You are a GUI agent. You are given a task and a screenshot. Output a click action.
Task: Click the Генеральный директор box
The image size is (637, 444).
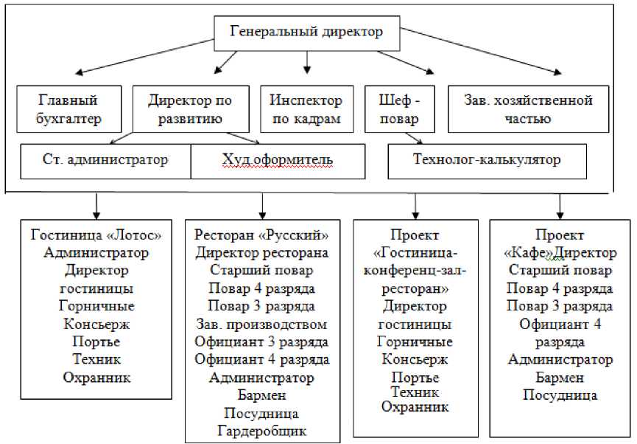(x=307, y=32)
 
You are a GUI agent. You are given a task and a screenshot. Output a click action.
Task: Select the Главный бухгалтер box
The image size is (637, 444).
(x=68, y=108)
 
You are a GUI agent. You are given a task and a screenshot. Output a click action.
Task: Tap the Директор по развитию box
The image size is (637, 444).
(x=190, y=108)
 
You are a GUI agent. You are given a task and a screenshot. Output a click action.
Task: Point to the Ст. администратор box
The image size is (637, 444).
(x=105, y=160)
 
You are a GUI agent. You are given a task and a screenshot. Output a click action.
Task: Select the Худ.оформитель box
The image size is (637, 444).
(x=278, y=160)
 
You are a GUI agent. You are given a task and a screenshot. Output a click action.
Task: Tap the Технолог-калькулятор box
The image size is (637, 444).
(x=487, y=160)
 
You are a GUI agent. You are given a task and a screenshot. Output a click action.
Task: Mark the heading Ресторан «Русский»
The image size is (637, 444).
(x=261, y=235)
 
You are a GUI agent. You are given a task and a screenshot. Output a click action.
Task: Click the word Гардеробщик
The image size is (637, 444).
(x=261, y=431)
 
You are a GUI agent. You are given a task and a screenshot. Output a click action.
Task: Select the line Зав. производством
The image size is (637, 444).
(x=261, y=325)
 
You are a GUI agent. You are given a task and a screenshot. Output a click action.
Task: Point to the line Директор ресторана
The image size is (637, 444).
(x=261, y=253)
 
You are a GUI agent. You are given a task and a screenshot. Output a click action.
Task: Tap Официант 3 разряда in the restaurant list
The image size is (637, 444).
(x=261, y=342)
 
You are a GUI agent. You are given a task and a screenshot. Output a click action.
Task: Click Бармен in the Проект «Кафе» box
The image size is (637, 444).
(x=559, y=378)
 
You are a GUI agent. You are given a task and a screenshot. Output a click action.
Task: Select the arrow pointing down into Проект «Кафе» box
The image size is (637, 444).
(x=560, y=204)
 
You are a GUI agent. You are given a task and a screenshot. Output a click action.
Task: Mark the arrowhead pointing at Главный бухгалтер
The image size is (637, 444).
(x=78, y=72)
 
